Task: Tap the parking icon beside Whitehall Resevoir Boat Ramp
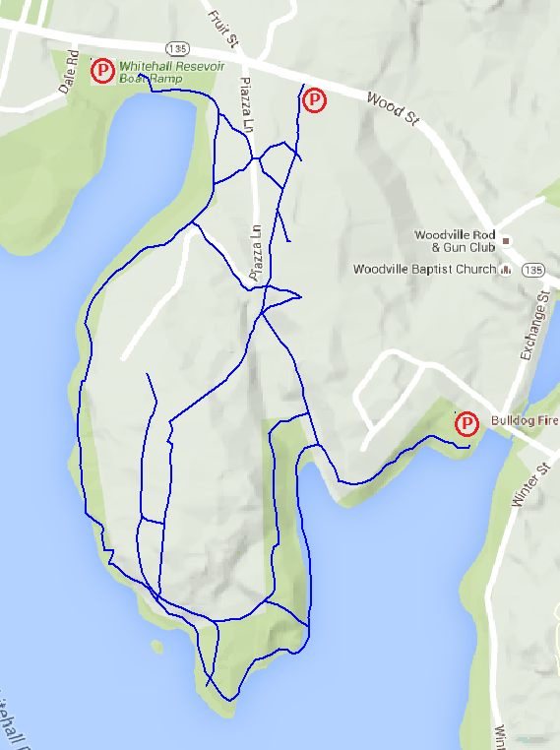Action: (x=102, y=71)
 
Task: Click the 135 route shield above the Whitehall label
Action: (x=178, y=47)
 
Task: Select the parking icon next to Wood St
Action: (x=314, y=100)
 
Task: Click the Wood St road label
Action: (x=392, y=108)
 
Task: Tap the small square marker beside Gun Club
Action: (x=506, y=241)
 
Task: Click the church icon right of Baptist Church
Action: (x=506, y=269)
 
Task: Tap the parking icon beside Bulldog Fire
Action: (x=467, y=424)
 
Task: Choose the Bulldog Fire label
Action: (x=521, y=421)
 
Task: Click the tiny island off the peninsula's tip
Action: (x=156, y=647)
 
